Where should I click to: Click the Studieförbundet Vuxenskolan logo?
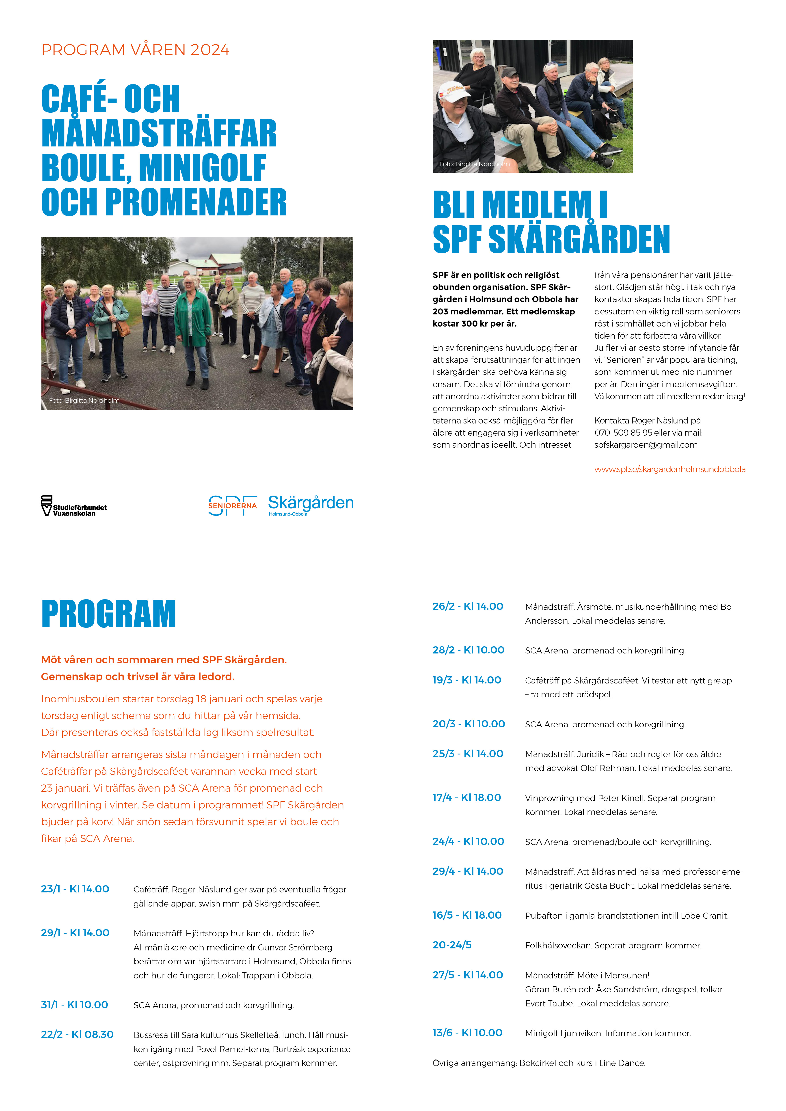click(73, 506)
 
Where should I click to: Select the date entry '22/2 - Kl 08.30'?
click(78, 1035)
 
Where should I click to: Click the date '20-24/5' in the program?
click(452, 945)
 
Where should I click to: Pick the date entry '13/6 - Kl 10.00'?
click(467, 1033)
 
